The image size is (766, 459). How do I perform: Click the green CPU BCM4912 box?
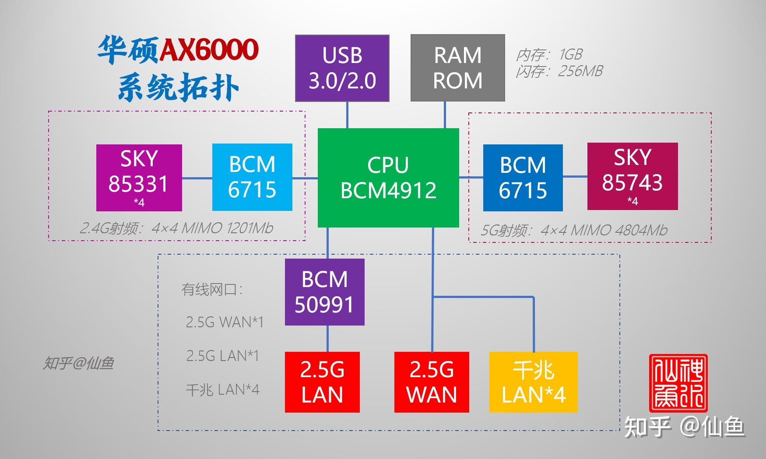pos(388,178)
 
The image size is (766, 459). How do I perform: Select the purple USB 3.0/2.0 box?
pos(342,68)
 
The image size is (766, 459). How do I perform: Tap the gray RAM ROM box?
pos(457,68)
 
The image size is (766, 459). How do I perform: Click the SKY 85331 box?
pos(139,178)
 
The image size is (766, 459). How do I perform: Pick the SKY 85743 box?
pos(632,176)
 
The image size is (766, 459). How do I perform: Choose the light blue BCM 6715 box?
pos(252,177)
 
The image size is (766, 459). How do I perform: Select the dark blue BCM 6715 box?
pos(523,178)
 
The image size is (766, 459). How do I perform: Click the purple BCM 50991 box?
pos(324,292)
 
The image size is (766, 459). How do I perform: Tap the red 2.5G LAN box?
pos(322,382)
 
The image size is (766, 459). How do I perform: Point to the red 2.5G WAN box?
pos(432,382)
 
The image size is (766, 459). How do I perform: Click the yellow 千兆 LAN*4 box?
pos(533,382)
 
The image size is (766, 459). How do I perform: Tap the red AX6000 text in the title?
pos(209,50)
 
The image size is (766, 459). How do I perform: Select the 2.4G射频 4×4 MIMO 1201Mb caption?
pos(176,228)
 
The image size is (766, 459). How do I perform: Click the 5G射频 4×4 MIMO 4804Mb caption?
pos(574,230)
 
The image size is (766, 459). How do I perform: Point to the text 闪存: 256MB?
pos(559,71)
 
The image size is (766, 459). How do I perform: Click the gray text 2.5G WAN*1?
pos(225,322)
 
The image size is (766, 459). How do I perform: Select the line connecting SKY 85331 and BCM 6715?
pos(197,178)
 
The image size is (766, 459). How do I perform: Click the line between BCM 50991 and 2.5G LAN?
pos(327,338)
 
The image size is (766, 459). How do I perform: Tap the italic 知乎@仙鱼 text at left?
pos(78,363)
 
